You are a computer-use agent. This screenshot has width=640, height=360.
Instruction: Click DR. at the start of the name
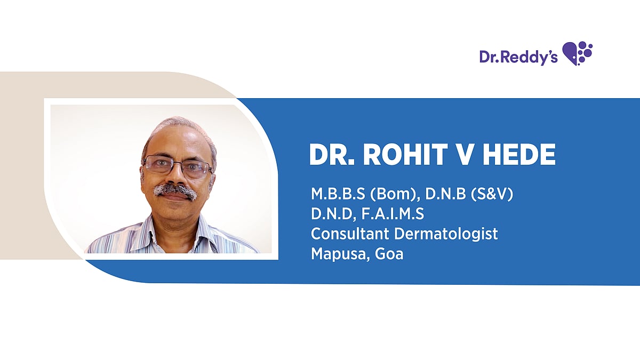[x=332, y=155]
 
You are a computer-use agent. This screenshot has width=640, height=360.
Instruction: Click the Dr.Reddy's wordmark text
[x=518, y=57]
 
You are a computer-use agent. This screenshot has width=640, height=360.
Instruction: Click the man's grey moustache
[x=175, y=190]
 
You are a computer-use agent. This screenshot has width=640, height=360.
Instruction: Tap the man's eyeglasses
[x=177, y=166]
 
